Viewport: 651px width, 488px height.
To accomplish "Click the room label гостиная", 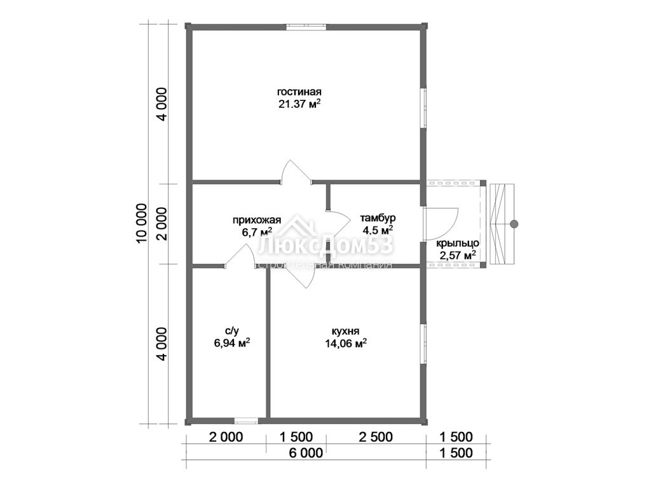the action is click(299, 91).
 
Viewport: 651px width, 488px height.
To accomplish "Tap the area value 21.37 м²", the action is click(299, 104).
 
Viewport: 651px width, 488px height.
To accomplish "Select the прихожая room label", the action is click(257, 220).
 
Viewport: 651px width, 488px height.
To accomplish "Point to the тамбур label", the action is click(378, 218).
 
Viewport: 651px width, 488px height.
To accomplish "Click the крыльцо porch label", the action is click(458, 243).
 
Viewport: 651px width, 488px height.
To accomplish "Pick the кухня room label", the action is click(345, 331).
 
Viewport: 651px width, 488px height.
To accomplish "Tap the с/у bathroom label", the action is click(232, 330).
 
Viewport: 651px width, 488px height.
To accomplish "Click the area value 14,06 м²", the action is click(345, 342).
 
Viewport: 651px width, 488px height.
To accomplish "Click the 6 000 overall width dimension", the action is click(306, 452).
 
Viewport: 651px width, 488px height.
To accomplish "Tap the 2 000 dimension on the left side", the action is click(162, 224).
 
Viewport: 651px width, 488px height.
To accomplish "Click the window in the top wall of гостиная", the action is click(306, 27).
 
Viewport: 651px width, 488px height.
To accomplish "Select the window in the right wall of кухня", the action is click(424, 344).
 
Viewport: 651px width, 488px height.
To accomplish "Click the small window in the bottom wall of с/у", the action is click(247, 421).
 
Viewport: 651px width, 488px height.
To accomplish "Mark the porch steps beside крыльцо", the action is click(502, 224).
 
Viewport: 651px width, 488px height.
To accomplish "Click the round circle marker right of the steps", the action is click(514, 224).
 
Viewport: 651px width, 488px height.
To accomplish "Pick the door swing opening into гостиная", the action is click(297, 172).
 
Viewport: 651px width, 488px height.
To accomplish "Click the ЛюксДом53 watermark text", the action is click(325, 245).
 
